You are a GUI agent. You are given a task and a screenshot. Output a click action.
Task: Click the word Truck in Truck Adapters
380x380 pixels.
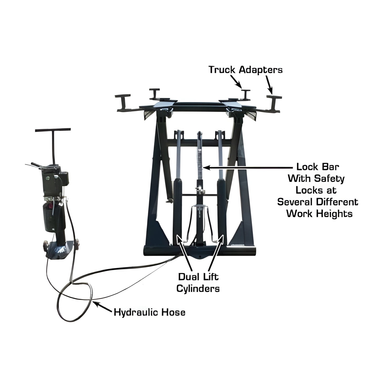tap(222, 70)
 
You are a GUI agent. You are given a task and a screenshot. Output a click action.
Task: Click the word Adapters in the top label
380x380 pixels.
tap(261, 70)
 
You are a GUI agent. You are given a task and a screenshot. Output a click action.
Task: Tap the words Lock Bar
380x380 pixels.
tap(318, 167)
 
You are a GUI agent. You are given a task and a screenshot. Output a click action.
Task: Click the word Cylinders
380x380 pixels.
tap(198, 288)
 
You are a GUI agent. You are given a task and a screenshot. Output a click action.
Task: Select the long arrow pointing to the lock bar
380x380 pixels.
tap(247, 167)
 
